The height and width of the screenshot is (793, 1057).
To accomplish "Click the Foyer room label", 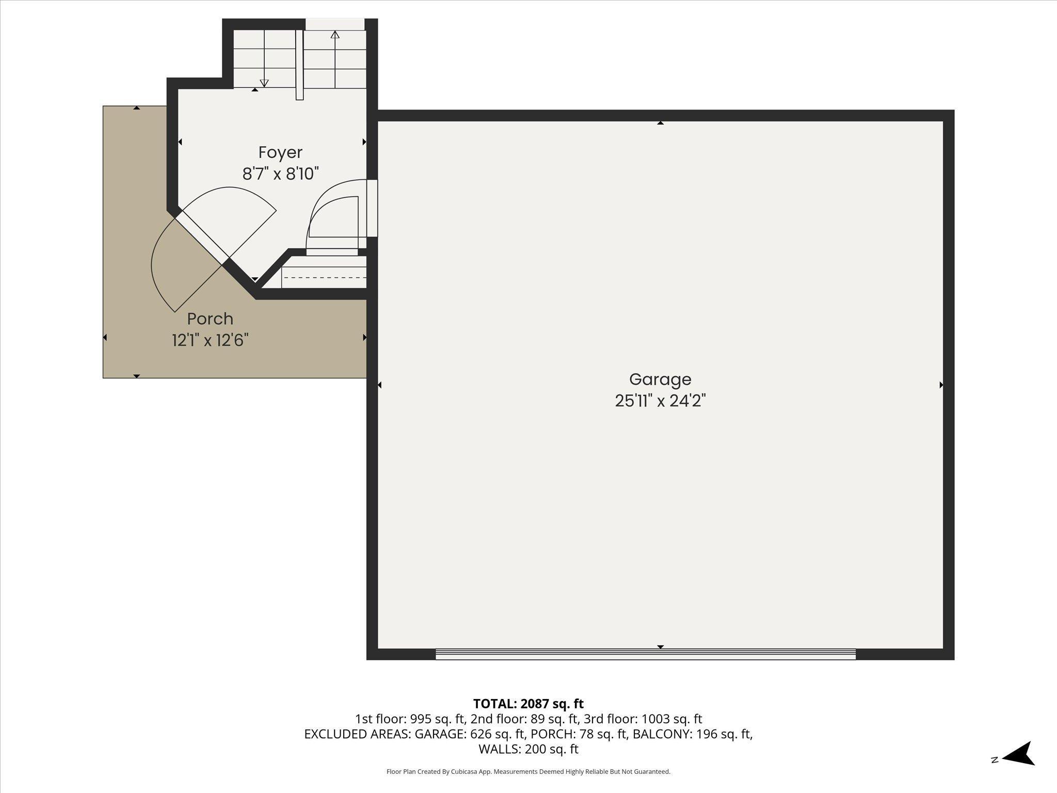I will pyautogui.click(x=280, y=152).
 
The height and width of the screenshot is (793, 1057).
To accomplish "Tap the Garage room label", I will pyautogui.click(x=660, y=379).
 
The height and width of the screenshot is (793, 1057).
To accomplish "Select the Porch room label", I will pyautogui.click(x=210, y=319).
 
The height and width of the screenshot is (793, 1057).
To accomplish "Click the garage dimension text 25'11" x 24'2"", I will pyautogui.click(x=660, y=401).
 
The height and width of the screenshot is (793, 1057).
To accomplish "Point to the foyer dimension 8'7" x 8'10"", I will pyautogui.click(x=280, y=174).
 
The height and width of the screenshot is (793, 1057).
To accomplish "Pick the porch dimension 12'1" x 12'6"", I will pyautogui.click(x=210, y=341).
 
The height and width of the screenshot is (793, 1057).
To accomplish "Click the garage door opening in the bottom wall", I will pyautogui.click(x=645, y=654).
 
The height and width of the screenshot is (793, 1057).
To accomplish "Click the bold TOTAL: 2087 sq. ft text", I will pyautogui.click(x=528, y=704).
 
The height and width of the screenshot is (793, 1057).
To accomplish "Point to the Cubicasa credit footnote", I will pyautogui.click(x=528, y=772).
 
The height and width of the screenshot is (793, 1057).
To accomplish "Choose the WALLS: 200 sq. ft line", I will pyautogui.click(x=528, y=749).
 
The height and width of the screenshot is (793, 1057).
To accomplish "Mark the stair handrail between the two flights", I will pyautogui.click(x=299, y=65).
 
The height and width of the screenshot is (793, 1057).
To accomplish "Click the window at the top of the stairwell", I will pyautogui.click(x=335, y=24).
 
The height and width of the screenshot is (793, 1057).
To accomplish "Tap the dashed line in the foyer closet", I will pyautogui.click(x=324, y=278).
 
